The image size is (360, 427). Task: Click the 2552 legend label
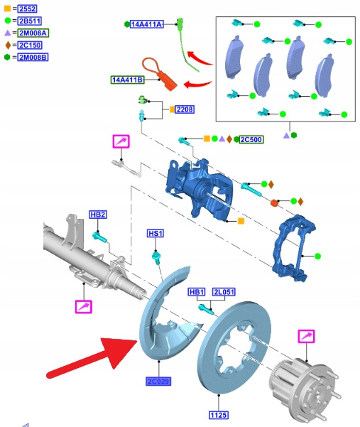pyautogui.click(x=27, y=9)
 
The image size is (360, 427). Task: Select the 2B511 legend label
pyautogui.click(x=29, y=21)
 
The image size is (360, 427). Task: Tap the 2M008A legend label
pyautogui.click(x=33, y=33)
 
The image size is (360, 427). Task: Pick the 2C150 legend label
pyautogui.click(x=30, y=45)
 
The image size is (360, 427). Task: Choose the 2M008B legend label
pyautogui.click(x=33, y=58)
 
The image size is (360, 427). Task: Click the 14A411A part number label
pyautogui.click(x=147, y=24)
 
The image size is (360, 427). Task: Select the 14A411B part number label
pyautogui.click(x=128, y=80)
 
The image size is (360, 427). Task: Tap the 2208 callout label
pyautogui.click(x=185, y=109)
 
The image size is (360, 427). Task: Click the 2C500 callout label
pyautogui.click(x=251, y=140)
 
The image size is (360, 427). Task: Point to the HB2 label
pyautogui.click(x=98, y=215)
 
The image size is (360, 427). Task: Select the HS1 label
pyautogui.click(x=156, y=233)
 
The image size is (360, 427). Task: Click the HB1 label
pyautogui.click(x=197, y=292)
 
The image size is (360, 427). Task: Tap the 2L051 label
pyautogui.click(x=224, y=292)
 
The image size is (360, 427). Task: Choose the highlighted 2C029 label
pyautogui.click(x=158, y=382)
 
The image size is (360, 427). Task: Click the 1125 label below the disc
pyautogui.click(x=219, y=416)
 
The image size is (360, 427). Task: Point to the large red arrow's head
pyautogui.click(x=120, y=351)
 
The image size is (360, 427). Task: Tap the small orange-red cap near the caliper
pyautogui.click(x=274, y=203)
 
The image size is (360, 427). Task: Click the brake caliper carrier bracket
pyautogui.click(x=294, y=248)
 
